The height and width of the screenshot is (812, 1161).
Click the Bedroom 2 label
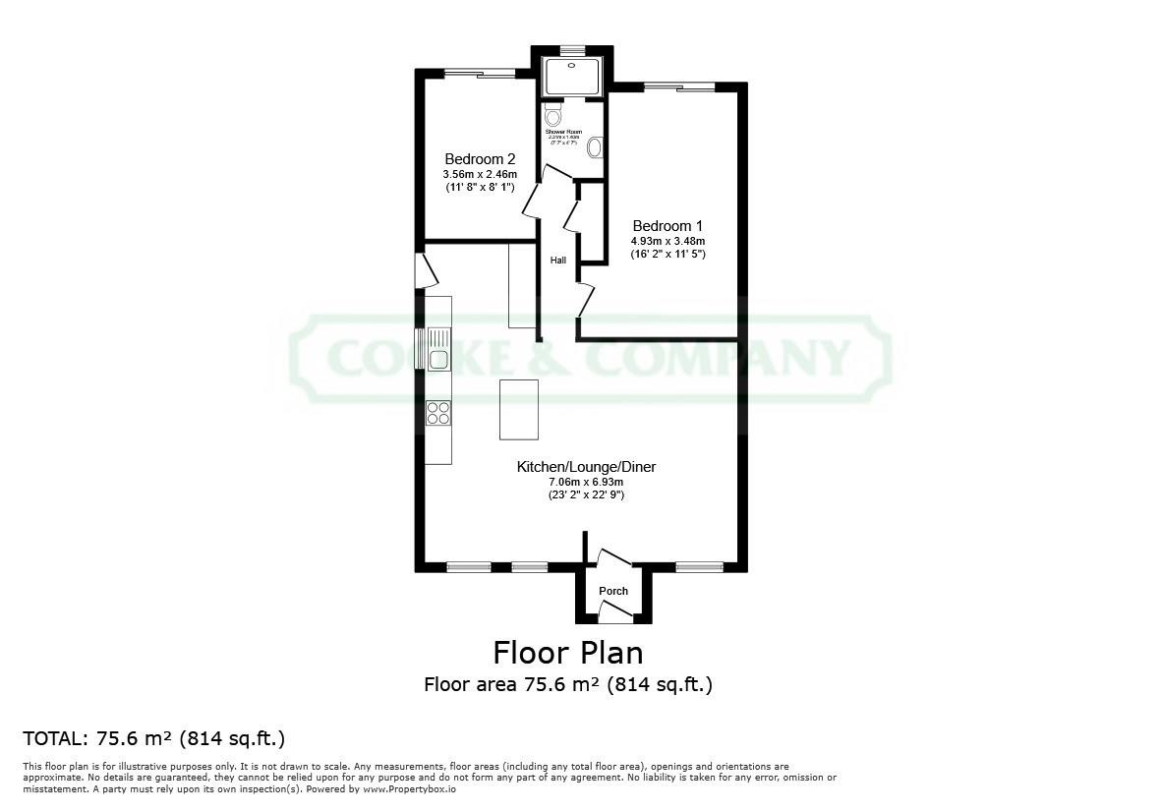point(480,158)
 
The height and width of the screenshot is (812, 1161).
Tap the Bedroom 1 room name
point(668,225)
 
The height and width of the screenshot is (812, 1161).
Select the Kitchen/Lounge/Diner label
point(586,467)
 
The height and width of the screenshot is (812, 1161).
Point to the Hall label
point(557,261)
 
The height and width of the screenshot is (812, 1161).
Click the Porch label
point(613,591)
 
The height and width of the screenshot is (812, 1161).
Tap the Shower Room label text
point(563,132)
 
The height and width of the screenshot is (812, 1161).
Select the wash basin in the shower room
point(595,148)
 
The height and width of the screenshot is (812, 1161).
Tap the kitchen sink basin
point(437,359)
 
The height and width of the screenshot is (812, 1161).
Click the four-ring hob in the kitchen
point(438,413)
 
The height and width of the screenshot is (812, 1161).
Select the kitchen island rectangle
point(519,409)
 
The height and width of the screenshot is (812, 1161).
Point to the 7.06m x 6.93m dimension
point(586,482)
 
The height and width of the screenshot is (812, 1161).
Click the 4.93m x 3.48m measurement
point(668,241)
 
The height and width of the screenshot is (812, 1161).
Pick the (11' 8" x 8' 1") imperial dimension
point(480,187)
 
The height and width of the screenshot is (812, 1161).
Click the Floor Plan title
point(567,653)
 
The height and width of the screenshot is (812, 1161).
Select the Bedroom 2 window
point(479,74)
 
